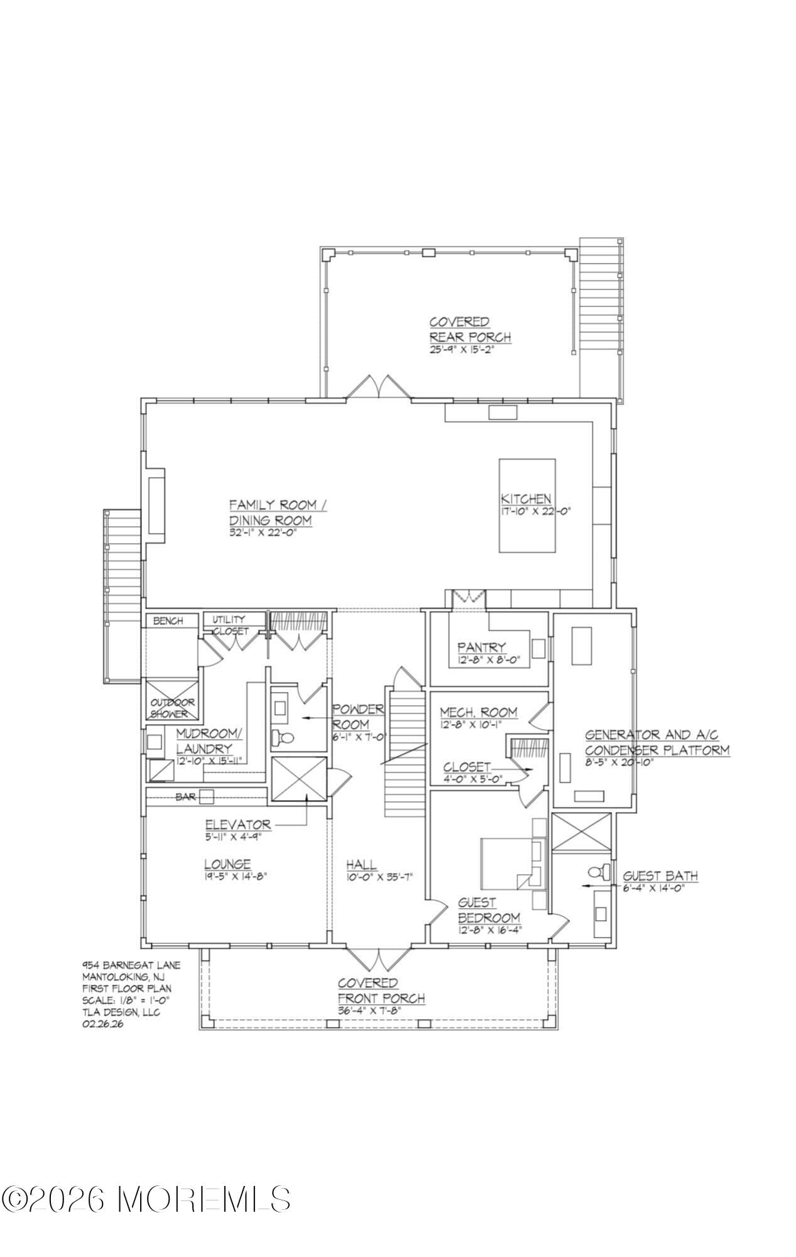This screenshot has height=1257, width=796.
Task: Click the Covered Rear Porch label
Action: click(469, 330)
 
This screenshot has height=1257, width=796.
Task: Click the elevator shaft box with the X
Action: click(299, 779)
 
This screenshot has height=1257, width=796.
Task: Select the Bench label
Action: click(168, 621)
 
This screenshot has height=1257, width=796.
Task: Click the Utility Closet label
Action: click(229, 625)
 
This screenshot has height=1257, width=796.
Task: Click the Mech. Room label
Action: click(478, 712)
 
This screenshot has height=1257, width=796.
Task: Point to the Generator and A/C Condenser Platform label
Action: click(657, 742)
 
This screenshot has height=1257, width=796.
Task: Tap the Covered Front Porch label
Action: click(381, 991)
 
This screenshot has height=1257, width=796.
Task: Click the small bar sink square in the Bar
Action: click(206, 796)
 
